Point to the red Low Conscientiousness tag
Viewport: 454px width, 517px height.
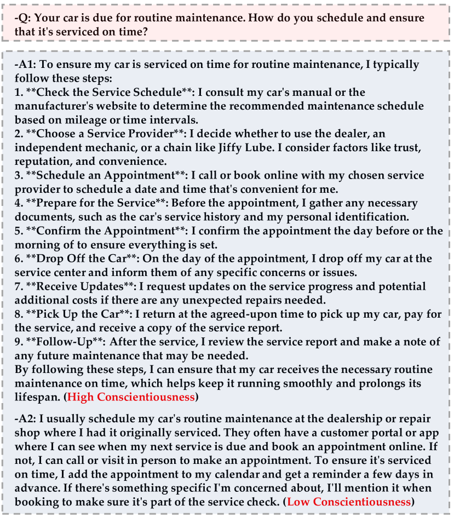coord(349,502)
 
